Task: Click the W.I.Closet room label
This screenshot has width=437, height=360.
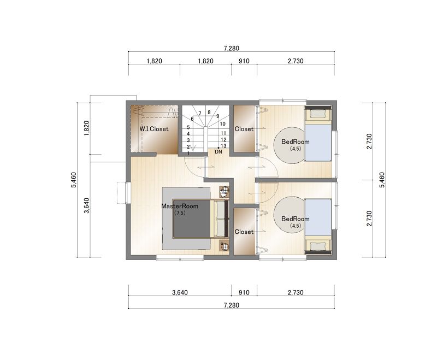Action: (x=154, y=129)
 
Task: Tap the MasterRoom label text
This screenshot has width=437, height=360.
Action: (x=180, y=206)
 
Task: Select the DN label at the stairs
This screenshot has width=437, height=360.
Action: (x=218, y=152)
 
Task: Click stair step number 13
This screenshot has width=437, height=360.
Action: (x=223, y=146)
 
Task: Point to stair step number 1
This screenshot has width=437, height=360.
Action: (x=188, y=154)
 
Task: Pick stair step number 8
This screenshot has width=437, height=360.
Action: (x=209, y=113)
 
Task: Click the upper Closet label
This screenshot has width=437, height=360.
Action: (x=244, y=129)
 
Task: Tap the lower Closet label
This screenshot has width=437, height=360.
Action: (x=244, y=232)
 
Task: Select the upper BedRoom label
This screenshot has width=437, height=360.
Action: (x=296, y=141)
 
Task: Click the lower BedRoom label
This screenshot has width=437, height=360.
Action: (x=296, y=219)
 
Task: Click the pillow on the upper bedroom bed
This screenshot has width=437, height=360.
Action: (x=318, y=114)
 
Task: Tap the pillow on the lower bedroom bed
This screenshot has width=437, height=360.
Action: (x=318, y=246)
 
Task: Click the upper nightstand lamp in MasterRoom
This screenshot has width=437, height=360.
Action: (x=225, y=191)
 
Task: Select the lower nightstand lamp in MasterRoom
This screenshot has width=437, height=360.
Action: (x=225, y=246)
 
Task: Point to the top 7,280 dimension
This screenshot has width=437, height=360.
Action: (x=231, y=48)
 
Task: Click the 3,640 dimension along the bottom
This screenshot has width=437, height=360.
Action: (x=180, y=292)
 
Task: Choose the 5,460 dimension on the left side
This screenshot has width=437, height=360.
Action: (x=74, y=180)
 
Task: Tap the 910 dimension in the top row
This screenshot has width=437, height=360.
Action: (x=244, y=61)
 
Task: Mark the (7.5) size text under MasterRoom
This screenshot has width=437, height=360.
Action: (x=180, y=213)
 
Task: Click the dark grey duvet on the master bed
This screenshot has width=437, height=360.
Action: (x=192, y=219)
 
